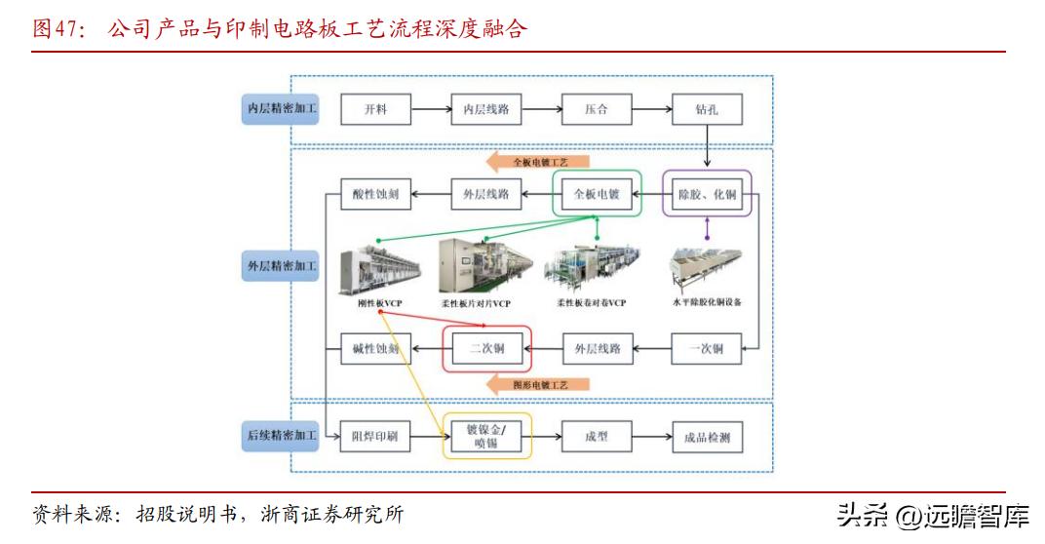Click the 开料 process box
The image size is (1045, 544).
pos(375,109)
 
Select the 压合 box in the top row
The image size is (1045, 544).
pos(597,109)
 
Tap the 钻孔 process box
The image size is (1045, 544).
pos(707,109)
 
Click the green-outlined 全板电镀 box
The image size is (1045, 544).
pos(597,194)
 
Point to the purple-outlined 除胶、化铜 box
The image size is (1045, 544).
pos(707,194)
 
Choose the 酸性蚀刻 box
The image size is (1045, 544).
pos(375,194)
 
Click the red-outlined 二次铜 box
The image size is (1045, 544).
pos(487,348)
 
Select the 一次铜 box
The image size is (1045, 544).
pos(707,348)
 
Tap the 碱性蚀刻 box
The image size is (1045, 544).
pos(375,348)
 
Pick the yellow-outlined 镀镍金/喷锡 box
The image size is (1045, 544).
pos(487,436)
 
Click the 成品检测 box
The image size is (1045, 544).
pos(707,436)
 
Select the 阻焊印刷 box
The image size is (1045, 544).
pos(375,436)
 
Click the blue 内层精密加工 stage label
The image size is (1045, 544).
pos(281,109)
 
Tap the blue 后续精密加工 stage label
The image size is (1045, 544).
pos(281,436)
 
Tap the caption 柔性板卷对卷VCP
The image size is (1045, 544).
pos(592,303)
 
